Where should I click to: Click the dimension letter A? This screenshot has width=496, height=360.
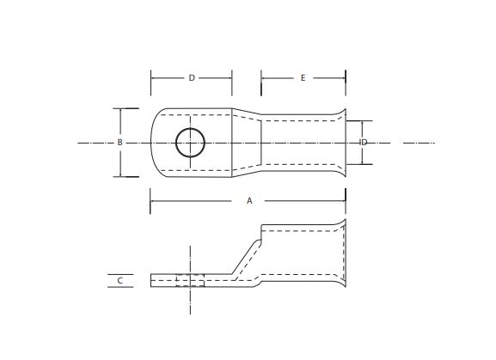pyautogui.click(x=249, y=200)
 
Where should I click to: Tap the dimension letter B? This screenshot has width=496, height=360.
pyautogui.click(x=119, y=142)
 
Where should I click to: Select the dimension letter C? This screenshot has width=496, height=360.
pyautogui.click(x=120, y=280)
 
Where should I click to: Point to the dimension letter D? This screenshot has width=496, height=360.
pyautogui.click(x=192, y=77)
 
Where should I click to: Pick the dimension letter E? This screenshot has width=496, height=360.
pyautogui.click(x=303, y=77)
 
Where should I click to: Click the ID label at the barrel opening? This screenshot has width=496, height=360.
pyautogui.click(x=364, y=142)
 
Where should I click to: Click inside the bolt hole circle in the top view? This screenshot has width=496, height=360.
pyautogui.click(x=190, y=142)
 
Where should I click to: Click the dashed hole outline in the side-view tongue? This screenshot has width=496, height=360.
pyautogui.click(x=190, y=280)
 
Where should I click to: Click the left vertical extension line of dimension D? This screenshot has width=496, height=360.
pyautogui.click(x=151, y=83)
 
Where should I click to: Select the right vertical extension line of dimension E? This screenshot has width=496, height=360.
pyautogui.click(x=346, y=83)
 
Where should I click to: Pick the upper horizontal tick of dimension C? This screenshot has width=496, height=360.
pyautogui.click(x=121, y=275)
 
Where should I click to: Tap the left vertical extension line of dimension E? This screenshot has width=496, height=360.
pyautogui.click(x=261, y=83)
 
